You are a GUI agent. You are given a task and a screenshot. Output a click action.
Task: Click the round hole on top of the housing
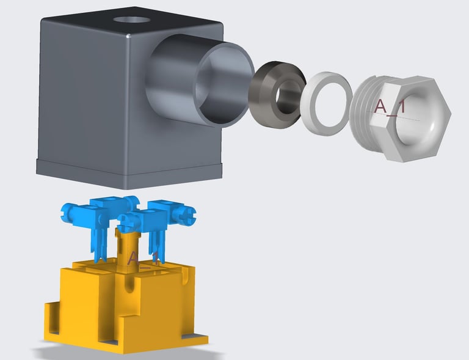click(x=132, y=20)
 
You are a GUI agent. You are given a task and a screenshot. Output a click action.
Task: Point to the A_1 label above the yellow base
click(x=143, y=259)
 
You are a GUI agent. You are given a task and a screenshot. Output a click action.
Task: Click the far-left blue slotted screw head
click(x=67, y=213)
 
